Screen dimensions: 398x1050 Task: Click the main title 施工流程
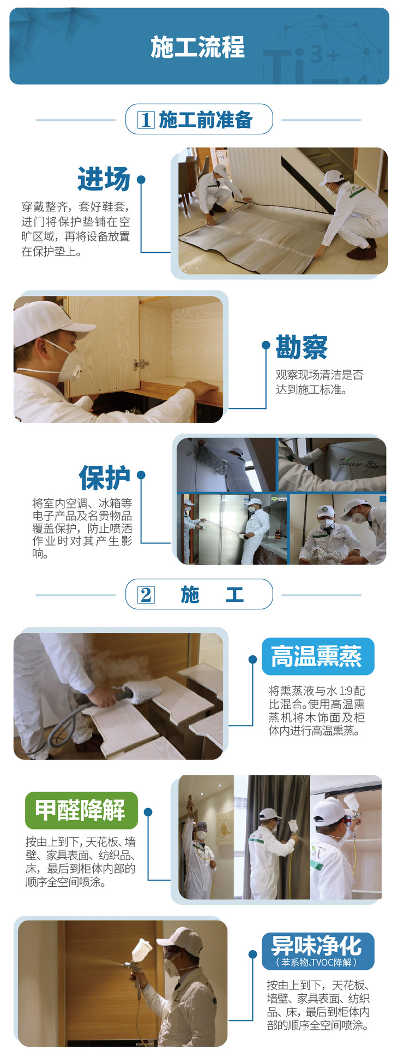(x=197, y=47)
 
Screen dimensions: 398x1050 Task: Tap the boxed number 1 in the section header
(x=146, y=120)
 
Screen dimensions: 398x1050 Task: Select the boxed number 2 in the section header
(x=146, y=594)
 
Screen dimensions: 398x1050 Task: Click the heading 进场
(x=104, y=179)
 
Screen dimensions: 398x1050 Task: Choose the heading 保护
(x=105, y=477)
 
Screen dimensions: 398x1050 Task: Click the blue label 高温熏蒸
(x=317, y=656)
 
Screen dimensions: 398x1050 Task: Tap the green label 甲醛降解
(x=81, y=810)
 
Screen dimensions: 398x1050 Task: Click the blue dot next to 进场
(x=141, y=179)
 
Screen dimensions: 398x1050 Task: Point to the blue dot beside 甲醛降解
(x=148, y=812)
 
